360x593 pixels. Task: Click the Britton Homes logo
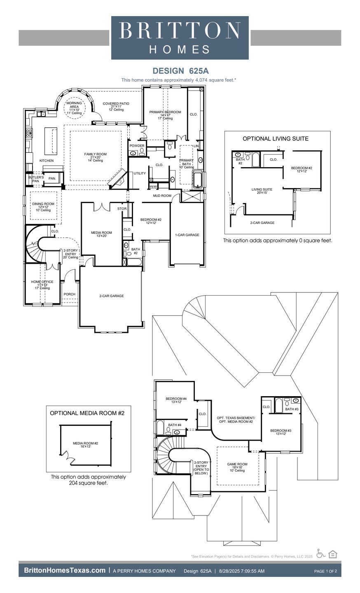(180, 37)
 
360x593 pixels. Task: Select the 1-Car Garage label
(187, 235)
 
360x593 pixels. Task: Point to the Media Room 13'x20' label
(101, 234)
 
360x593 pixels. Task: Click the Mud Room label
(162, 196)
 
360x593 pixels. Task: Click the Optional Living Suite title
(275, 139)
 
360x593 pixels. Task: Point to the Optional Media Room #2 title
(87, 413)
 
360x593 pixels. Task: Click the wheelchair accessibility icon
(321, 553)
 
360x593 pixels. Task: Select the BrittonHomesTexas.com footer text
(65, 570)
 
